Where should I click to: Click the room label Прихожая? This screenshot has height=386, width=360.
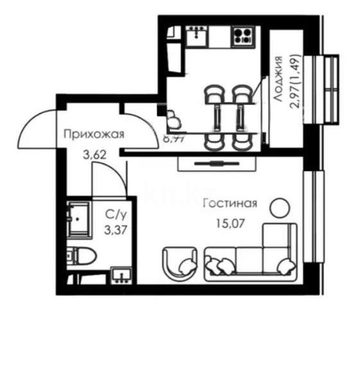pyautogui.click(x=93, y=134)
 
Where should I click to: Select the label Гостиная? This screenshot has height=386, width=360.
pyautogui.click(x=230, y=204)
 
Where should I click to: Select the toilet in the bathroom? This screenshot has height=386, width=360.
pyautogui.click(x=81, y=256)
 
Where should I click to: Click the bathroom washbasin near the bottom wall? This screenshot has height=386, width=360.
pyautogui.click(x=121, y=275)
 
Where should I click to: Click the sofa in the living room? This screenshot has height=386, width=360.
pyautogui.click(x=250, y=254)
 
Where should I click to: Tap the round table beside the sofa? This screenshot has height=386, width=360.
pyautogui.click(x=279, y=207)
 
